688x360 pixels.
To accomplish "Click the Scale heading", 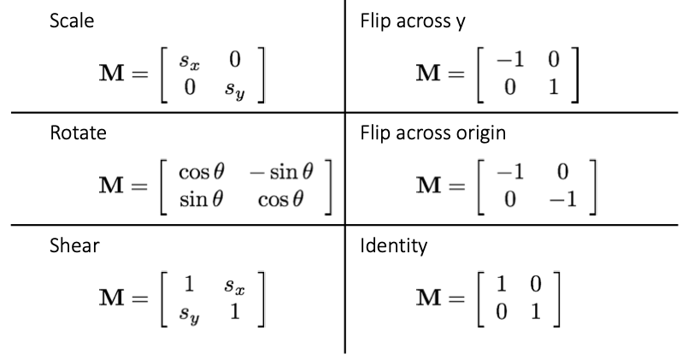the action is [x=72, y=20].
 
